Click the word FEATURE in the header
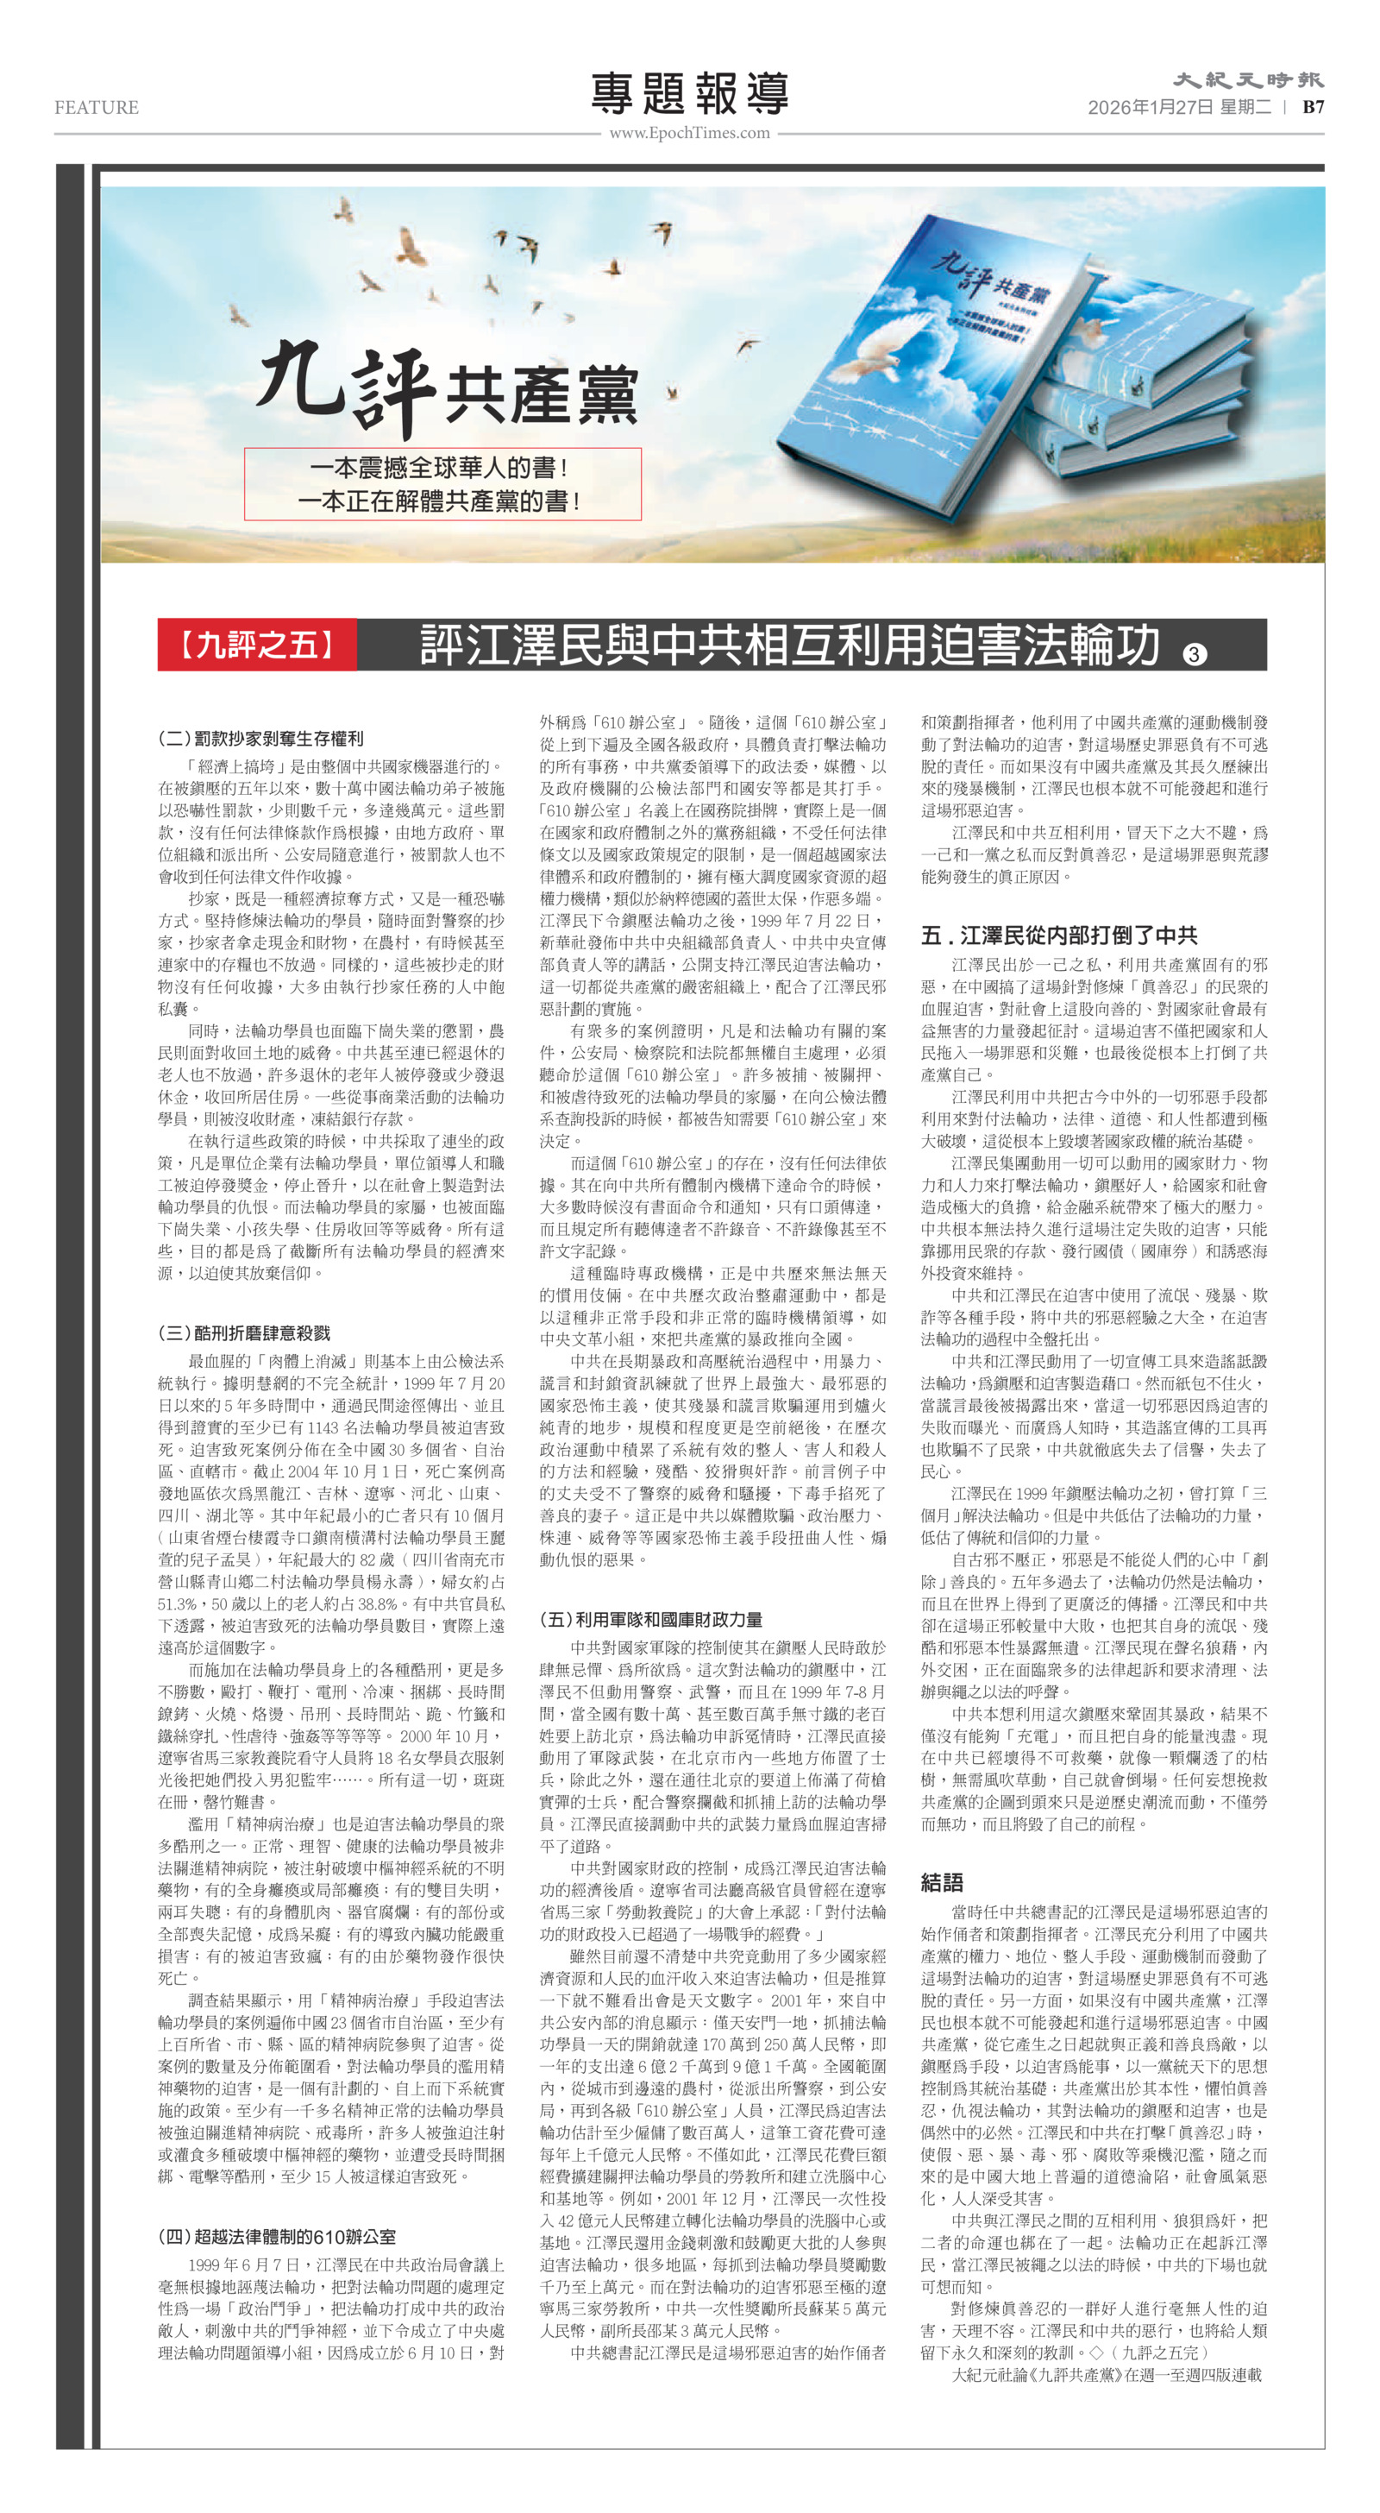coord(97,107)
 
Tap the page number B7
coord(1313,107)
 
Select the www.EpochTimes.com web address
coord(689,133)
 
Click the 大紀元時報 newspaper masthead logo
coord(1247,81)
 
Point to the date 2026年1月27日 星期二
coord(1179,107)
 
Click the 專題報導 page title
coord(689,95)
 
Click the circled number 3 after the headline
coord(1194,653)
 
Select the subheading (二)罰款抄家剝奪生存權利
coord(260,739)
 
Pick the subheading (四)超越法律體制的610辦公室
coord(277,2236)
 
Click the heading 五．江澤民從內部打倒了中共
coord(1059,935)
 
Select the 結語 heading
coord(942,1882)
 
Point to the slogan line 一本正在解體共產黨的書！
coord(439,501)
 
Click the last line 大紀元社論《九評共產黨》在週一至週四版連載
coord(1106,2374)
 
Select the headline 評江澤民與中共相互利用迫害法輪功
coord(790,645)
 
